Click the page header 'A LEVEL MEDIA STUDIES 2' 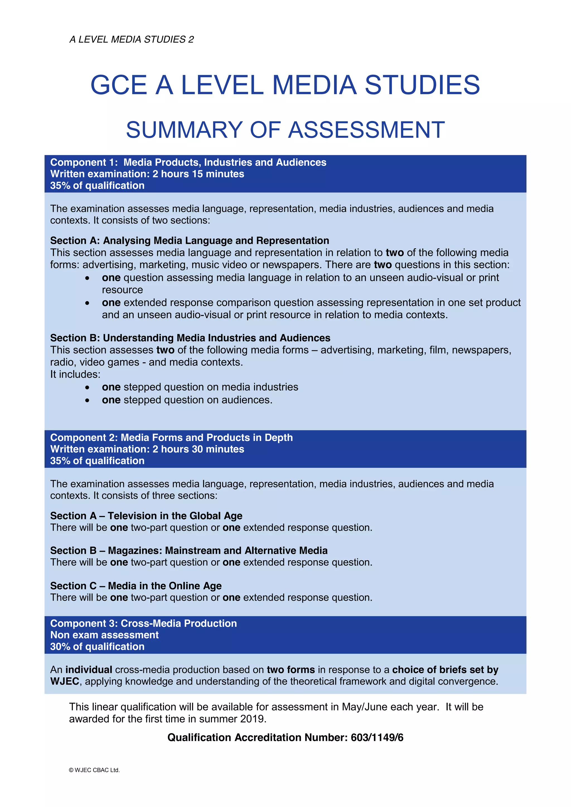pos(132,39)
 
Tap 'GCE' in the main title pos(118,85)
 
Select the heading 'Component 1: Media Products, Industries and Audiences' pos(188,163)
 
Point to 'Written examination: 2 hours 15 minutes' pos(147,174)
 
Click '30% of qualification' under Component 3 pos(97,646)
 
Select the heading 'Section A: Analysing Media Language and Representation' pos(190,241)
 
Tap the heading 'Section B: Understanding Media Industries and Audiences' pos(190,338)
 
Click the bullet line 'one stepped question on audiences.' pos(187,400)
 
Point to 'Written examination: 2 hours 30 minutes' pos(147,449)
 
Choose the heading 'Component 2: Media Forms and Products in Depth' pos(171,438)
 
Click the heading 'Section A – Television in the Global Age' pos(146,516)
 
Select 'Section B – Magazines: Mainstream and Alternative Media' pos(189,551)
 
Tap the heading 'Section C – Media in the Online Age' pos(136,586)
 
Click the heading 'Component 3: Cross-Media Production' pos(144,623)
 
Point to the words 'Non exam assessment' pos(105,635)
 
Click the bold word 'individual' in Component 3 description pos(89,670)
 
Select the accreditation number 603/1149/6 pos(377,737)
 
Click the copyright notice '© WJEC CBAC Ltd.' pos(94,770)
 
